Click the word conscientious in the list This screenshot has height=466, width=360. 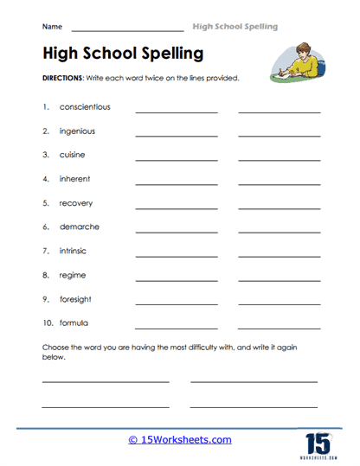pos(85,107)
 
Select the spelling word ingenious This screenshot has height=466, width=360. pos(77,131)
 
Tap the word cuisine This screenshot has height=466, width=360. pos(74,155)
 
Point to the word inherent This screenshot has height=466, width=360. pos(74,179)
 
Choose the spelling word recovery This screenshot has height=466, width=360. pos(76,203)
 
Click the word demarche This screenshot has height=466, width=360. pos(80,227)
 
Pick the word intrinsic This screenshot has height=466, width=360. pos(74,251)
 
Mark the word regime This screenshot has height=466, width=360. pos(73,275)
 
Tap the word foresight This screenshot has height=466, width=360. pos(77,298)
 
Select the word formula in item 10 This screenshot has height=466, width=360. pos(74,322)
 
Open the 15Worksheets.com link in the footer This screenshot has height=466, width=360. pos(180,439)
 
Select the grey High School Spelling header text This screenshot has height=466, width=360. pos(235,27)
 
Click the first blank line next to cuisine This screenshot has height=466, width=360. pos(177,160)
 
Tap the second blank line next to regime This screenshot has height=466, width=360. pos(279,280)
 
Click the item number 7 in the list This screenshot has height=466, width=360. pos(44,251)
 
